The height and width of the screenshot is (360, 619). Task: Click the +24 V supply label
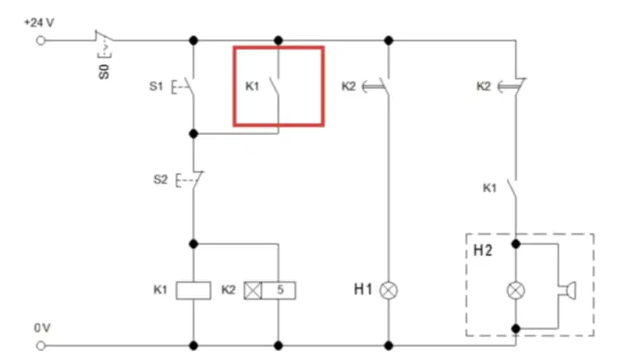pos(39,23)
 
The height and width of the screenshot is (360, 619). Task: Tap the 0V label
pos(42,328)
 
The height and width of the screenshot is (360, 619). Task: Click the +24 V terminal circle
pos(40,40)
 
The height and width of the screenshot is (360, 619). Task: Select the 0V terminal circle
pos(40,346)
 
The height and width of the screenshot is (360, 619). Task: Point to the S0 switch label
pos(104,72)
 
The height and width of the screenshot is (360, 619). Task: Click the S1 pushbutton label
pos(156,86)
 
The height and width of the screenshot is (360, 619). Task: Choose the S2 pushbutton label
pos(160,180)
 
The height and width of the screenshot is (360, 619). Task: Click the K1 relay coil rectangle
pos(194,290)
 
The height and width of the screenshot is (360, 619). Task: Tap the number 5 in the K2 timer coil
pos(281,290)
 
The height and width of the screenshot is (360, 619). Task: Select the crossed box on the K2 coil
pos(253,290)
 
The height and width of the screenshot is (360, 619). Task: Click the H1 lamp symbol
pos(389,290)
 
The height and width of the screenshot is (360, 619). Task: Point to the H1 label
pos(363,290)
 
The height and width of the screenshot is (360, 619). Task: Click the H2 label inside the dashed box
pos(483,250)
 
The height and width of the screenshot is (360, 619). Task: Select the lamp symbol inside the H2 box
pos(515,291)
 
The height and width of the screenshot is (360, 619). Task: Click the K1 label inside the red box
pos(252,86)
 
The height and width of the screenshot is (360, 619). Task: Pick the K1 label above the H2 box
pos(489,188)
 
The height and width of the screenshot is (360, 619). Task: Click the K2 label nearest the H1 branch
pos(349,86)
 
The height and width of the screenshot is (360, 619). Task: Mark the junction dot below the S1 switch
pos(194,134)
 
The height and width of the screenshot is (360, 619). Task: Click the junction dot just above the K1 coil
pos(194,244)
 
